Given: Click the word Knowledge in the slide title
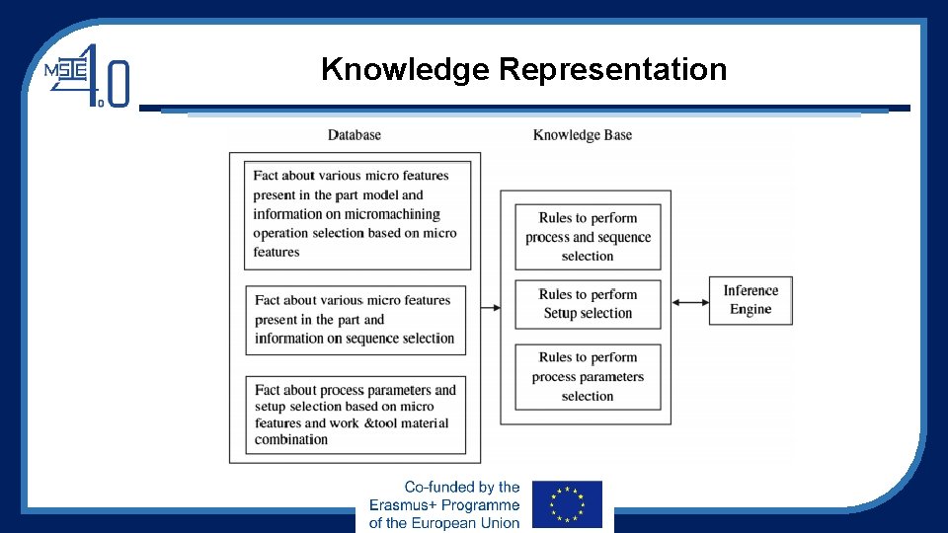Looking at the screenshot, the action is tap(406, 70).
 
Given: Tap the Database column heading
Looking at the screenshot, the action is tap(354, 135).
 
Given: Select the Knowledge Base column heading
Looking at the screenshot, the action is tap(583, 135).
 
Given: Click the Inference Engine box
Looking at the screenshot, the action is tap(750, 300).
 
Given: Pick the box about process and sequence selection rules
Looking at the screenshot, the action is tap(588, 237).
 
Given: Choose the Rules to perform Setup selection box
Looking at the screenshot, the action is tap(588, 304).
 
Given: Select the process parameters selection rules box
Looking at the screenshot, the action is tap(588, 377).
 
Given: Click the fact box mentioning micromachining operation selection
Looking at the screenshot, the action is tap(357, 214).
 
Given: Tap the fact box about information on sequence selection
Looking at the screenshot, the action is tap(355, 320).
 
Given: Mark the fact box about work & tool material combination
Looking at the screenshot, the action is tap(355, 415).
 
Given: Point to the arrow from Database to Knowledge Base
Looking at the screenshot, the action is tap(490, 307).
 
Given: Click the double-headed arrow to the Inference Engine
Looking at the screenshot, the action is tap(690, 301).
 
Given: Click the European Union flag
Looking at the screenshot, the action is tap(567, 504).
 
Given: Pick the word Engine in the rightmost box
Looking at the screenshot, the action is tap(750, 310).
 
